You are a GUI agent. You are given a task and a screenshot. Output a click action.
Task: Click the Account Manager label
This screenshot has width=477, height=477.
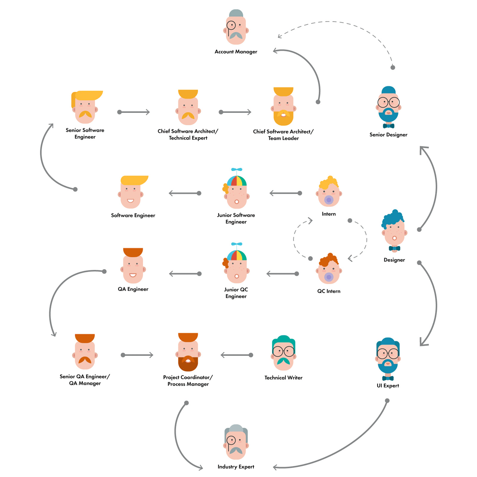click(x=236, y=52)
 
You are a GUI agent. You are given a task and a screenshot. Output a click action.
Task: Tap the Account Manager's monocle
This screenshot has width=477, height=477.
click(x=231, y=26)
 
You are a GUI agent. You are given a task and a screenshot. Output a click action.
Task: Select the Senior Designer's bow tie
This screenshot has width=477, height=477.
click(x=388, y=126)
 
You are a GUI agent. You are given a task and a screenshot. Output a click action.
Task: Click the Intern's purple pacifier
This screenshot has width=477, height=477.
click(x=329, y=200)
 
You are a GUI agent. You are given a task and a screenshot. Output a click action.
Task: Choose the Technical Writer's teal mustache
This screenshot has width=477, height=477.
click(x=283, y=361)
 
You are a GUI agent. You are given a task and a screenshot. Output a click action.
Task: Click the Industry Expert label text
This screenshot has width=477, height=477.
click(x=236, y=467)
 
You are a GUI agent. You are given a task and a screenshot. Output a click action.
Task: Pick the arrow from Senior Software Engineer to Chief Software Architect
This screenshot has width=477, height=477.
click(x=134, y=112)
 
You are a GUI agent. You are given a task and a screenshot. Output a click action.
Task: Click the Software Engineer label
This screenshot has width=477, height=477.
click(x=133, y=215)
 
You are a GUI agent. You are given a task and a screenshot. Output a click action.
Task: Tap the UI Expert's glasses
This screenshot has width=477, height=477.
click(x=388, y=353)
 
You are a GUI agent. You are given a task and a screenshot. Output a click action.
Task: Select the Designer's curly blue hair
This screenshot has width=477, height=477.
click(x=393, y=218)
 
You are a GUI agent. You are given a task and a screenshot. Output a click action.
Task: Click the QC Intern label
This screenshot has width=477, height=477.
click(x=329, y=291)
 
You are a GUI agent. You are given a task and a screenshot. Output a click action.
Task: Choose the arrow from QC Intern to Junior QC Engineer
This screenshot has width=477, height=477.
click(x=283, y=274)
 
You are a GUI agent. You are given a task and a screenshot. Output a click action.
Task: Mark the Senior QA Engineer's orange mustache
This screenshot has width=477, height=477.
click(x=85, y=360)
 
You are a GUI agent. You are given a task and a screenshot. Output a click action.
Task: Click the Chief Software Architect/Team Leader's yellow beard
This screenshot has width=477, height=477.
click(x=283, y=117)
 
